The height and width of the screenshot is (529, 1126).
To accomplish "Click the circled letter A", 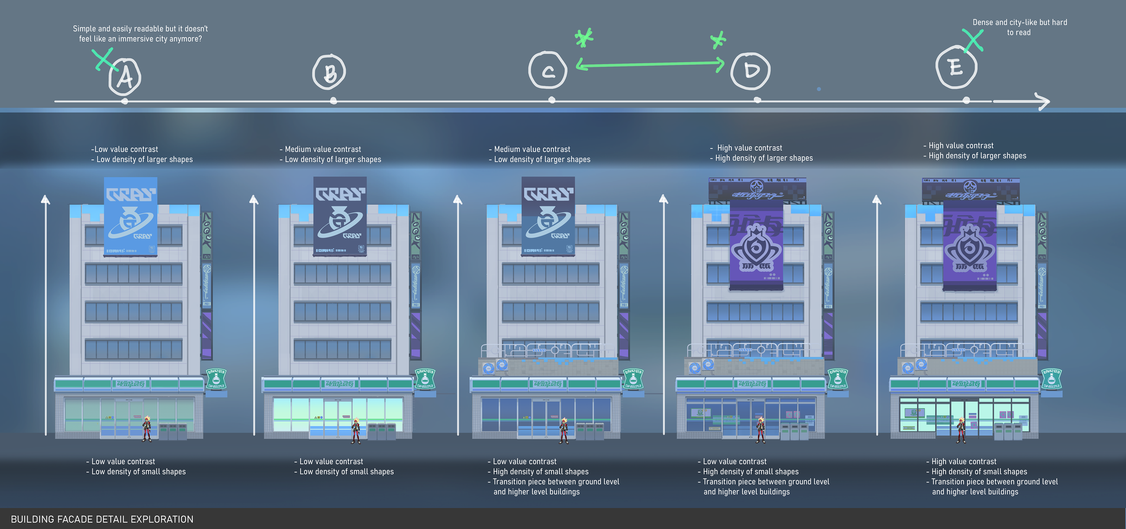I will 125,77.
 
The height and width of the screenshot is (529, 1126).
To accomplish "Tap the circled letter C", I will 548,70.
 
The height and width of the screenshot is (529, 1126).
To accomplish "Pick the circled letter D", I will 751,71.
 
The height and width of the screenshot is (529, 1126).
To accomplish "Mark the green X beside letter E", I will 973,40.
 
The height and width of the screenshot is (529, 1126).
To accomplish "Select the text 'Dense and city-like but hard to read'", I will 1019,27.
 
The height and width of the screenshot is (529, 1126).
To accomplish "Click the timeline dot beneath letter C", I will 552,100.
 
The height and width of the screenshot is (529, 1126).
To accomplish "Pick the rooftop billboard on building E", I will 970,190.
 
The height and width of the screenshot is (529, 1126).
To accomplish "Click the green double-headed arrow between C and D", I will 650,65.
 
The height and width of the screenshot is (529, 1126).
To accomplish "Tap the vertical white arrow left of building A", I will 45,315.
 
